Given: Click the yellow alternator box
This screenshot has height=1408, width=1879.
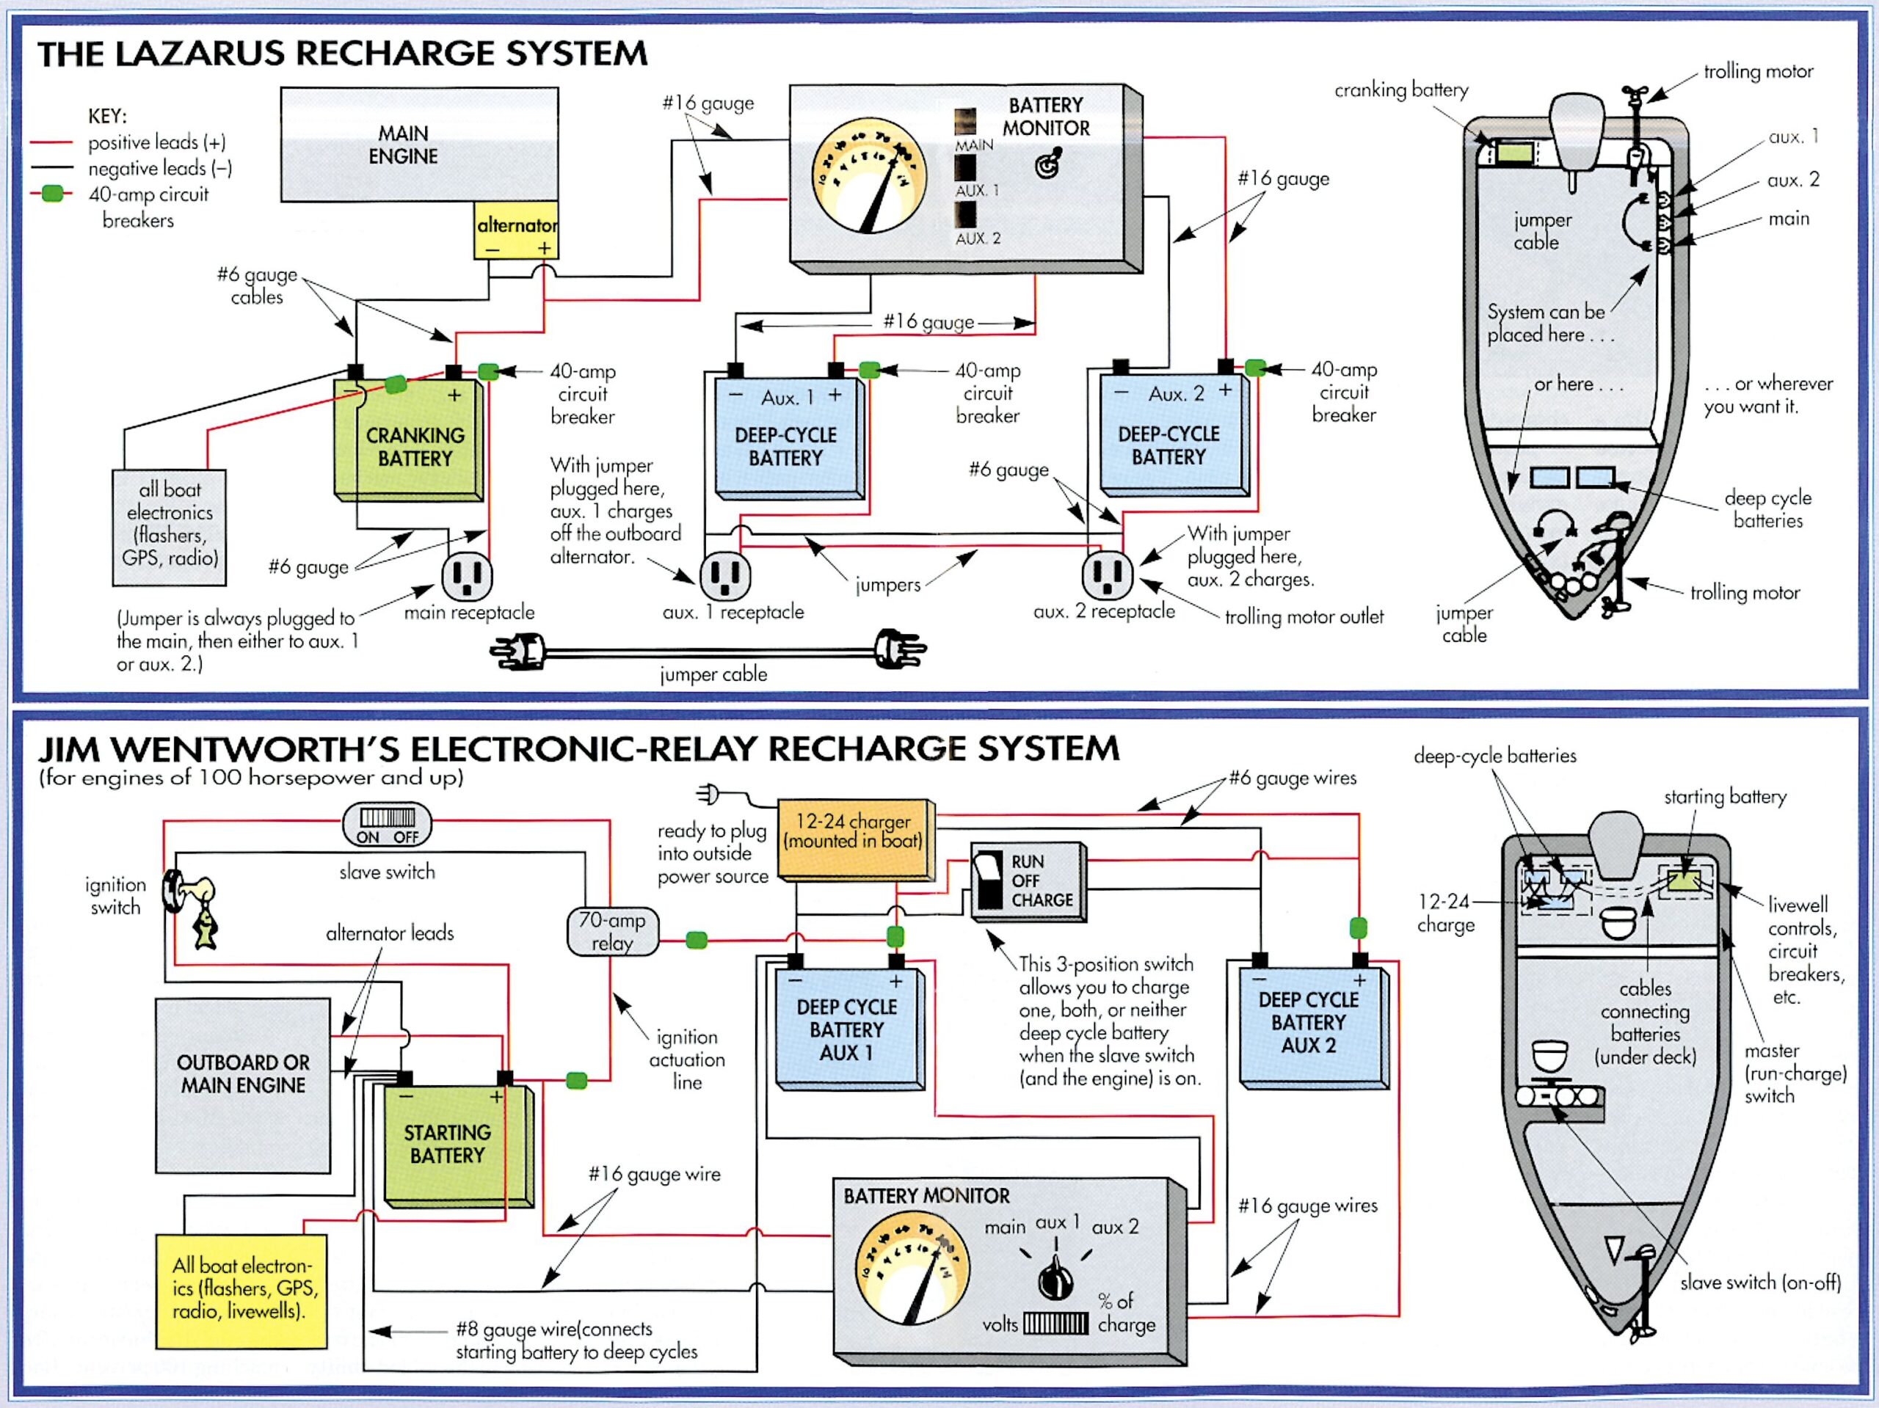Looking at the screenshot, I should pyautogui.click(x=515, y=230).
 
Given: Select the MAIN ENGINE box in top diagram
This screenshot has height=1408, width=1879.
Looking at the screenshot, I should pyautogui.click(x=419, y=145).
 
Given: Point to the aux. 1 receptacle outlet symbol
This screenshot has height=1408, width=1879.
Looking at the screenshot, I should pyautogui.click(x=725, y=576).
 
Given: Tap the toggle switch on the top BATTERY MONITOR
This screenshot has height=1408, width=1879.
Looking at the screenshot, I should pyautogui.click(x=1049, y=164).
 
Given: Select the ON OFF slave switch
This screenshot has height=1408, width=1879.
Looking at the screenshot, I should pyautogui.click(x=387, y=825).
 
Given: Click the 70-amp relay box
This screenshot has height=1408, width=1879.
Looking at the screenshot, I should pyautogui.click(x=611, y=932).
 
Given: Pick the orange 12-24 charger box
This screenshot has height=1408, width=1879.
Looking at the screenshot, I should pyautogui.click(x=854, y=839).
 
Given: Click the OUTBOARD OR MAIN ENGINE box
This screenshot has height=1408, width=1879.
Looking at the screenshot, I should pyautogui.click(x=242, y=1084).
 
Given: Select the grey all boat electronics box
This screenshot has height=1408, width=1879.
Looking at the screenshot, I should pyautogui.click(x=169, y=528).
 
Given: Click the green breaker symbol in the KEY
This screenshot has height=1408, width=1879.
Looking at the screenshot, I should pyautogui.click(x=53, y=194).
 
